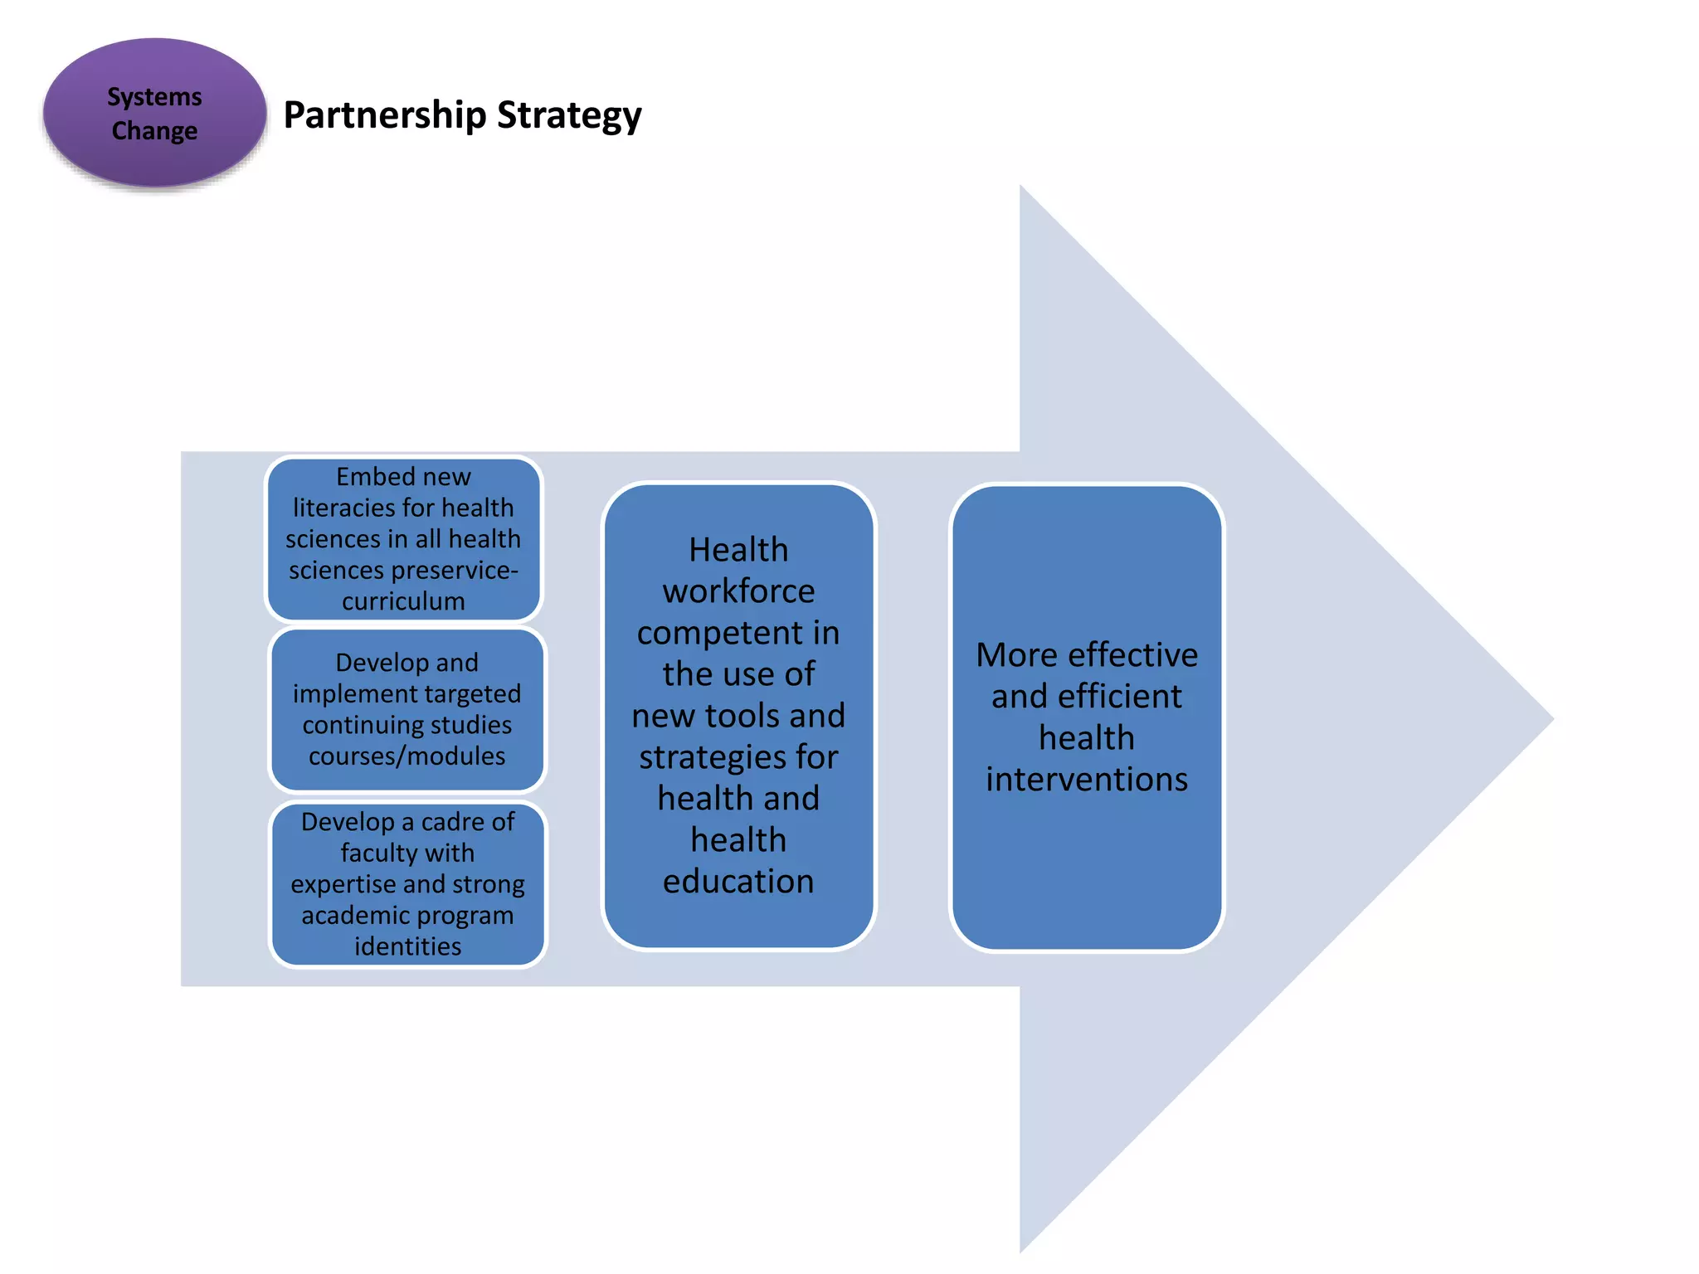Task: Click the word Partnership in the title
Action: [384, 115]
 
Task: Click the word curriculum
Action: [403, 601]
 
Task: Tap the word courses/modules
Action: [406, 756]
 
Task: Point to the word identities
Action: [407, 946]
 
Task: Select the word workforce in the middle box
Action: [738, 591]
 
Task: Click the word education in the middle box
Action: [738, 881]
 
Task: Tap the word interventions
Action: [1087, 780]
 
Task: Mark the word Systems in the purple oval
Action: [154, 97]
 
